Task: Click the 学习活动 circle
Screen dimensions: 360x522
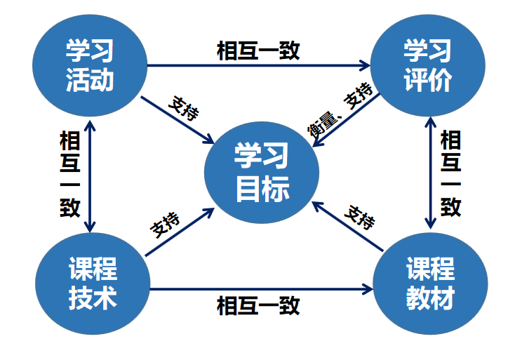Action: [x=90, y=65]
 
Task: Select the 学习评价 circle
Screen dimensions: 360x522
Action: [x=427, y=65]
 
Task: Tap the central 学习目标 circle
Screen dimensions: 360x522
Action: [x=261, y=173]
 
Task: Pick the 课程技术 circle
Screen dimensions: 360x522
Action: [x=92, y=284]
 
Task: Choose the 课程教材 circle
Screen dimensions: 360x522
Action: [x=429, y=284]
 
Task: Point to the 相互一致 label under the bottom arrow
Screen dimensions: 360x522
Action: [x=258, y=305]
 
